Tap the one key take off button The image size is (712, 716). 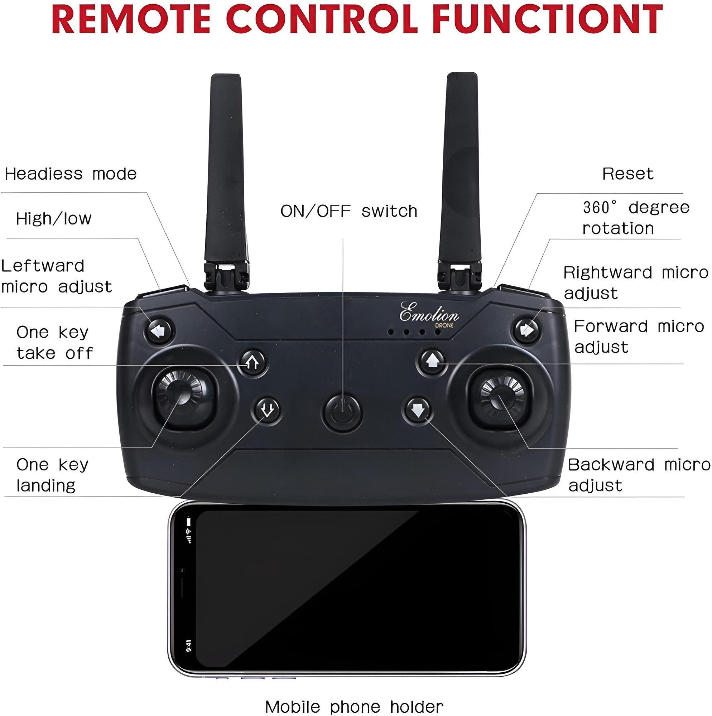(x=254, y=362)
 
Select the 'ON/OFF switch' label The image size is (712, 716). (x=348, y=211)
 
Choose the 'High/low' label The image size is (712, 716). (x=54, y=219)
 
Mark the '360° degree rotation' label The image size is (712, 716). (x=636, y=218)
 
